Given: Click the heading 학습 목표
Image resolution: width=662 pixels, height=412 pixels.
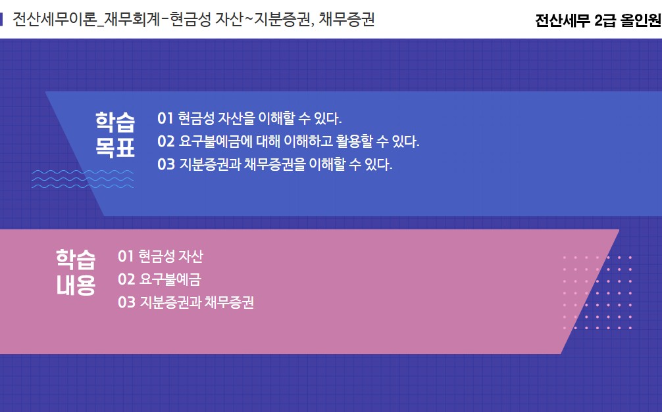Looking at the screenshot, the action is tap(115, 135).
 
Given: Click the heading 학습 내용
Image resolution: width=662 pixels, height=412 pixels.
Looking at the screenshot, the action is tap(76, 273).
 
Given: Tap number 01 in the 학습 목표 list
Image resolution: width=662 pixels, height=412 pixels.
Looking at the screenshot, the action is tap(165, 118).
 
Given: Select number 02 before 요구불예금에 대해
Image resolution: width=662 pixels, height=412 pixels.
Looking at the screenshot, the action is tap(166, 141).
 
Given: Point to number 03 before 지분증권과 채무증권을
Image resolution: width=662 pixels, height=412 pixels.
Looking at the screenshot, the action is tap(166, 164).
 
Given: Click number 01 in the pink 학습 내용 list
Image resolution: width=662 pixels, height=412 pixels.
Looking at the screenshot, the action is tap(126, 256).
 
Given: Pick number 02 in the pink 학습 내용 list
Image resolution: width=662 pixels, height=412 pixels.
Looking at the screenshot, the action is tap(126, 279).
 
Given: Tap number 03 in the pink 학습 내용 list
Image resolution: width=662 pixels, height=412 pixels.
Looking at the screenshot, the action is tap(126, 302).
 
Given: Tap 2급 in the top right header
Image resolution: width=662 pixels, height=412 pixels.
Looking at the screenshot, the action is tap(605, 20).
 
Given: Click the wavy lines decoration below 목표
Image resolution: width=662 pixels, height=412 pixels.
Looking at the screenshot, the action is tap(83, 179).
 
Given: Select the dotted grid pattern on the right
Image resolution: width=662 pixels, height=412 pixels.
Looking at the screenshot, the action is tap(598, 292).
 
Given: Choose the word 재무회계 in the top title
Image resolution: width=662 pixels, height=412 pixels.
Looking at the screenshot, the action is tap(132, 20).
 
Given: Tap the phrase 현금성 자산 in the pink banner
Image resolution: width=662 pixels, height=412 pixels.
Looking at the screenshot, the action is tap(171, 256).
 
